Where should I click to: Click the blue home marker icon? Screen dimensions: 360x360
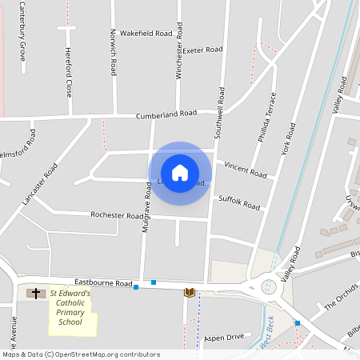click(x=180, y=173)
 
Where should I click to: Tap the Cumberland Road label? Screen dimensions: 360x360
click(x=166, y=114)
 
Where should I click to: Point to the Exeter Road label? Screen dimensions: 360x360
click(x=202, y=50)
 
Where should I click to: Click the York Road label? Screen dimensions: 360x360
click(x=287, y=138)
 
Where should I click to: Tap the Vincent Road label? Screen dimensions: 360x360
click(x=245, y=169)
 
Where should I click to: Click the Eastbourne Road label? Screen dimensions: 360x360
click(x=103, y=282)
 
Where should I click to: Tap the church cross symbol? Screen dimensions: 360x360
click(x=36, y=294)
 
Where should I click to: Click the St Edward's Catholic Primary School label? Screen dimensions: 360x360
click(x=71, y=308)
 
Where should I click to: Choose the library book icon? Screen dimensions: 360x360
click(x=190, y=293)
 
